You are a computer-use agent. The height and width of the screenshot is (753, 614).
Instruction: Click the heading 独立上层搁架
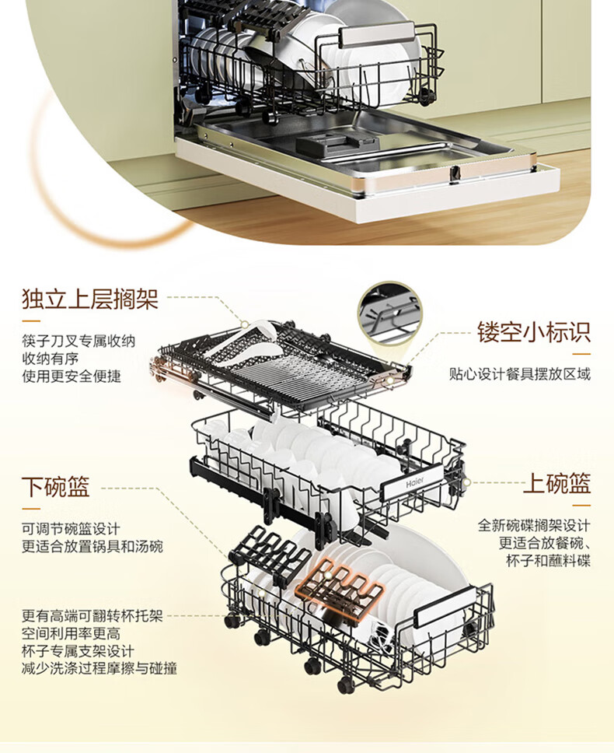90,299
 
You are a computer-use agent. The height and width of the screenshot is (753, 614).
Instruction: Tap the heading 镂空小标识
533,333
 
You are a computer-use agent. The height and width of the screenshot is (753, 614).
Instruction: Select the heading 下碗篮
56,488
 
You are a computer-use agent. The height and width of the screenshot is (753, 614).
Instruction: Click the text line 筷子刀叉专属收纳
78,341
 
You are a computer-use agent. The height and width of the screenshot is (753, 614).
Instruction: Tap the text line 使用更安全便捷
72,376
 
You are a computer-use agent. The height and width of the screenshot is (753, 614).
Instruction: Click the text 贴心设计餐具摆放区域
519,374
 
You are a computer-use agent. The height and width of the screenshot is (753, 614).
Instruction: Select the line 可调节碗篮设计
72,529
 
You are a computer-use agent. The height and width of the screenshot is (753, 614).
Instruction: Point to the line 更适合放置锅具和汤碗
92,547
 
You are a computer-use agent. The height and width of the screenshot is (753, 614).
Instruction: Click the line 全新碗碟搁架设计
534,525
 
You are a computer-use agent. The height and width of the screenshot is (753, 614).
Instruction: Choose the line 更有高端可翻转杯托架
92,616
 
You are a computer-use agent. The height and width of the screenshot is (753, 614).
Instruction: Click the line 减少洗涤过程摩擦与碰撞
99,668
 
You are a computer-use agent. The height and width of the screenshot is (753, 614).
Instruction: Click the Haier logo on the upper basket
416,483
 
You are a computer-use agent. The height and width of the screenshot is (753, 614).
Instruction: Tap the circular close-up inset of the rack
389,313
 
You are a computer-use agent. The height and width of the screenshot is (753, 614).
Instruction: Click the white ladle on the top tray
241,347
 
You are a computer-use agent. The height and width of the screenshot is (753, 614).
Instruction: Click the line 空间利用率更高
72,634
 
